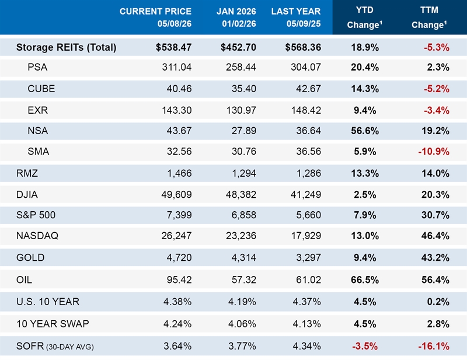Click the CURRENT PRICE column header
[x=155, y=11]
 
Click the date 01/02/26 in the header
[x=239, y=24]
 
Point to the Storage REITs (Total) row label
[x=66, y=47]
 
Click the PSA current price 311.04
[x=177, y=67]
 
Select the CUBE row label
[x=41, y=89]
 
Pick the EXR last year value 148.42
[x=306, y=110]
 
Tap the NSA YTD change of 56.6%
[x=364, y=131]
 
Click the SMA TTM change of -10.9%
[x=434, y=151]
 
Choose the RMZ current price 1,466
[x=179, y=173]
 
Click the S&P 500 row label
[x=36, y=215]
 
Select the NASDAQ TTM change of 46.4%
[x=435, y=236]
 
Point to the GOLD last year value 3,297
[x=309, y=257]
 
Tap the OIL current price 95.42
[x=179, y=279]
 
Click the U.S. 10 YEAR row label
[x=48, y=302]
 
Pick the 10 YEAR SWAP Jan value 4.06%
[x=242, y=324]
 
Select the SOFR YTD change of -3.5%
[x=364, y=346]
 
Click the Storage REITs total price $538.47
[x=173, y=47]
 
